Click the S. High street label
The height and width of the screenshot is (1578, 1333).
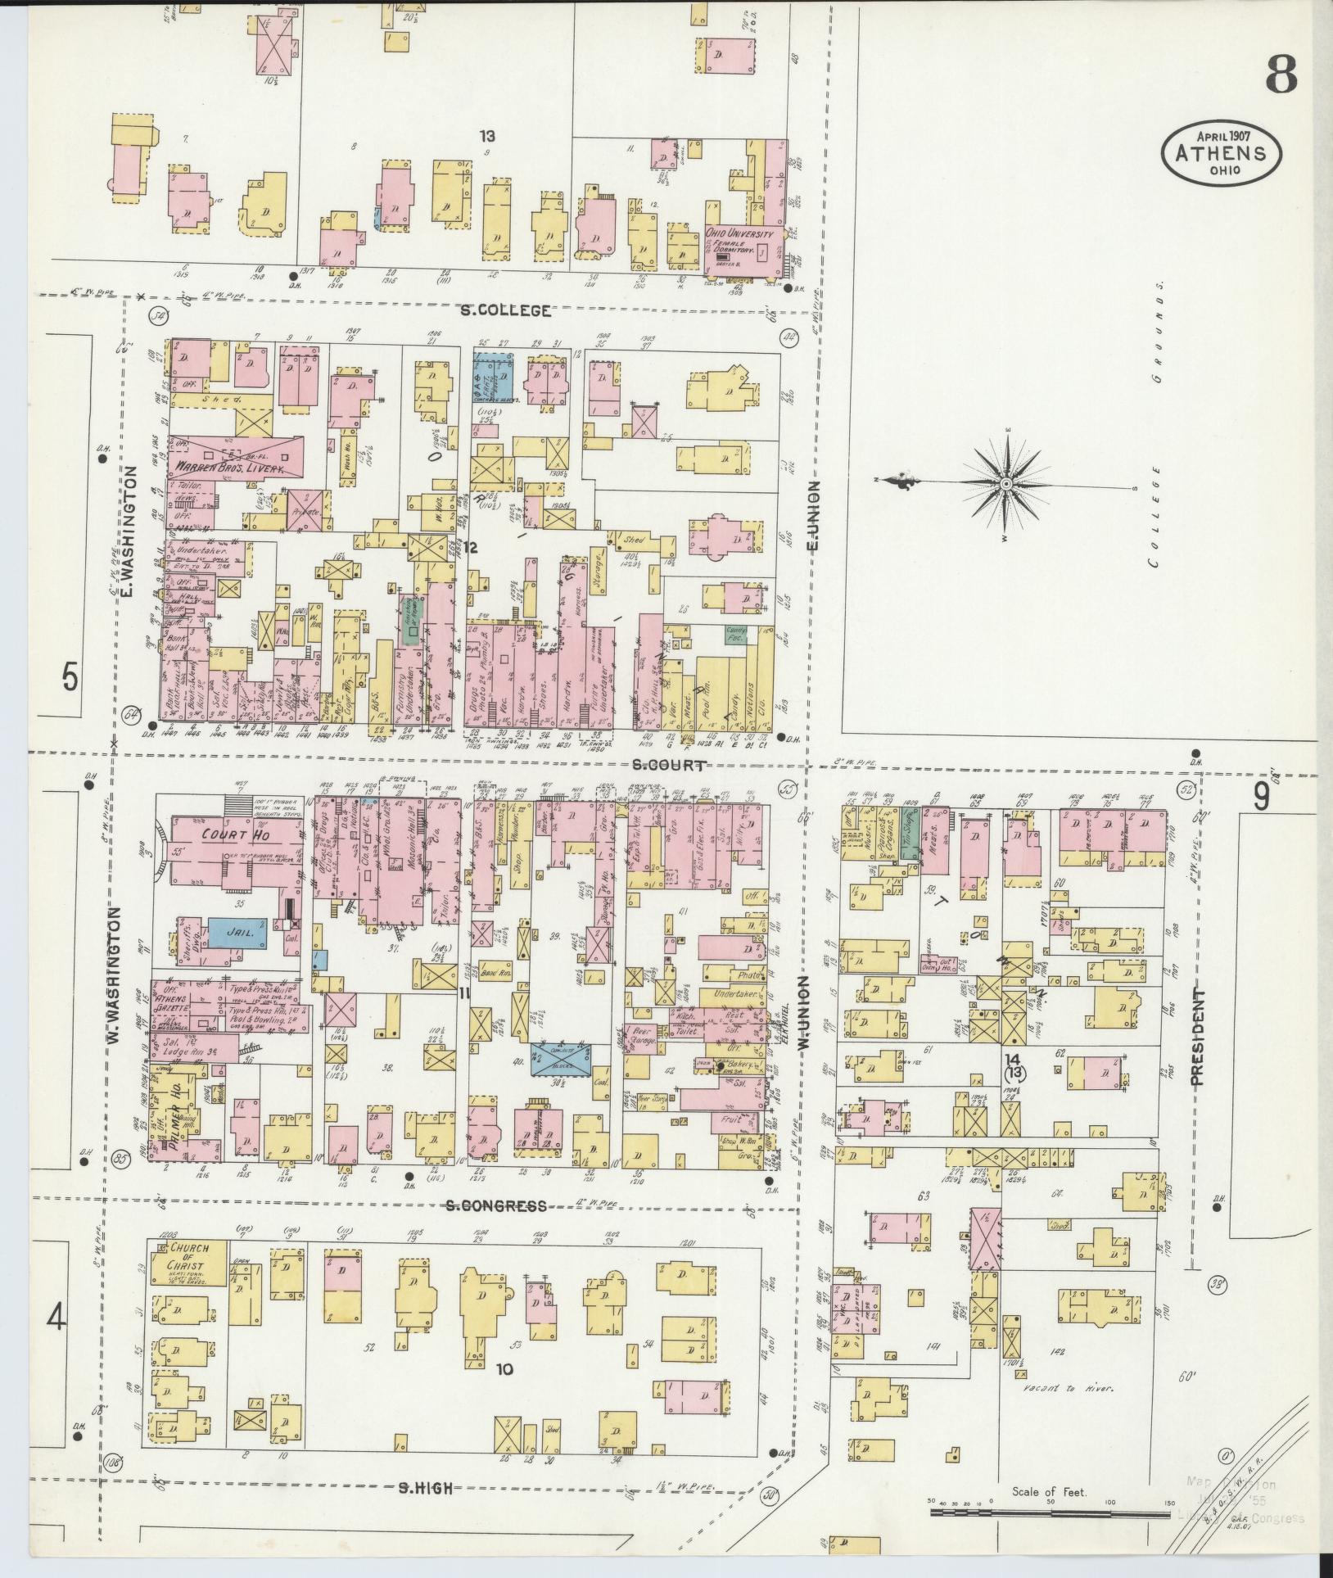pos(425,1489)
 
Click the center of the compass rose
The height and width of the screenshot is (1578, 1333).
pos(1005,484)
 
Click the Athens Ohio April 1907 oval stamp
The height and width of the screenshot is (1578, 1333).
pos(1221,153)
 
